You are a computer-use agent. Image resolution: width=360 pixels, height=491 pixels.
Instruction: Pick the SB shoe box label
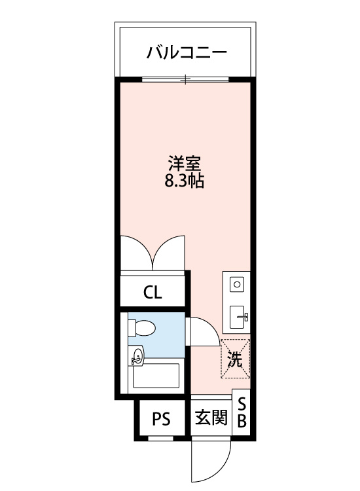[x=242, y=412]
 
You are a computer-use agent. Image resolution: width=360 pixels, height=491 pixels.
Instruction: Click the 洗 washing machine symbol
[x=235, y=359]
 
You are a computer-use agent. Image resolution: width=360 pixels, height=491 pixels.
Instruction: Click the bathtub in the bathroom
[x=156, y=378]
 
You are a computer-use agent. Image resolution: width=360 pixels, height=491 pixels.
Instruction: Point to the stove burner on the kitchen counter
[x=237, y=285]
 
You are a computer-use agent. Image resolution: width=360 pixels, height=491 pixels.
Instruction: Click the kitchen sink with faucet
[x=238, y=317]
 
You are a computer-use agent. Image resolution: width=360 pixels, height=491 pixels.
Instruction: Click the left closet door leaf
[x=135, y=252]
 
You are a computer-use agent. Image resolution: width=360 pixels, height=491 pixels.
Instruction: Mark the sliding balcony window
[x=186, y=79]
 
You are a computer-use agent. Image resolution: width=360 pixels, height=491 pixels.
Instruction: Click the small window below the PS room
[x=161, y=438]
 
